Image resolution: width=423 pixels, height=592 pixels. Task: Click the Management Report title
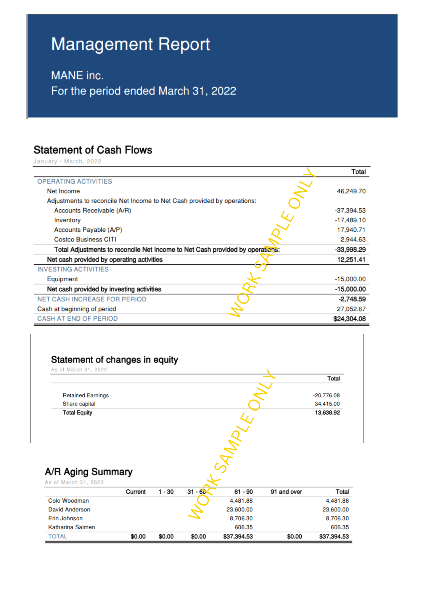tap(131, 44)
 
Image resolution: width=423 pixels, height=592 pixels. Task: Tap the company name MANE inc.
tap(77, 75)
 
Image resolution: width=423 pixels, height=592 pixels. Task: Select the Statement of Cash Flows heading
tap(93, 150)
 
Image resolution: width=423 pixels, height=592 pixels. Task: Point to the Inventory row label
tap(67, 220)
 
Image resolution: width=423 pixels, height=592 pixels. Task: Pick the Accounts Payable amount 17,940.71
tap(351, 230)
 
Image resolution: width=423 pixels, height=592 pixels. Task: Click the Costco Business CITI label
tap(85, 239)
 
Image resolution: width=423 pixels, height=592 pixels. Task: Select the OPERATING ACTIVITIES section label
tap(75, 181)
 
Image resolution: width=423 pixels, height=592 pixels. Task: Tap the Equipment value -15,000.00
tap(350, 279)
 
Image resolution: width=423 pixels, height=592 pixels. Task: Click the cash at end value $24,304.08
tap(349, 319)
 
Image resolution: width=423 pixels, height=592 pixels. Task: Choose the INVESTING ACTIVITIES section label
tap(73, 269)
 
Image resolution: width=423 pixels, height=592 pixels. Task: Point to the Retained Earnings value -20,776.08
tap(326, 395)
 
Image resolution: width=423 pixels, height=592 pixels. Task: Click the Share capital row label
tap(79, 404)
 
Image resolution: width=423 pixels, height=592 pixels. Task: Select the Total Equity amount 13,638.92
tap(327, 413)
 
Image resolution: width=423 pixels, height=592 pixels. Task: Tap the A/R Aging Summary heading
tap(89, 472)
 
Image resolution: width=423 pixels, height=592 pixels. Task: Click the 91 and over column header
tap(286, 492)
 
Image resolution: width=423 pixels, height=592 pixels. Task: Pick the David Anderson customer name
tap(69, 509)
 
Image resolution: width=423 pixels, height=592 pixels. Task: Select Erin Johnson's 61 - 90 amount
tap(241, 518)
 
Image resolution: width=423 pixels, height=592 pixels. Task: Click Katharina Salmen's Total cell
tap(340, 527)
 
